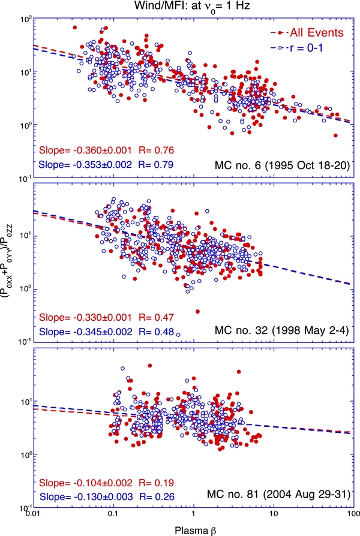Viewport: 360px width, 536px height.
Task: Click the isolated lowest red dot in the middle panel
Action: pos(197,311)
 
